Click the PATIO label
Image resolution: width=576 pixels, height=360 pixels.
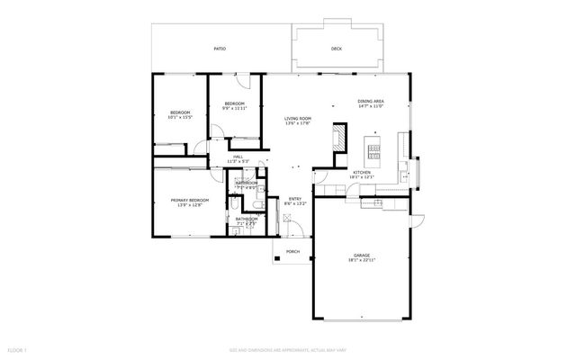tap(220, 49)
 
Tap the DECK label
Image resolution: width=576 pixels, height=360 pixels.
tap(337, 49)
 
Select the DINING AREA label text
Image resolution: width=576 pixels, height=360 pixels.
tap(371, 101)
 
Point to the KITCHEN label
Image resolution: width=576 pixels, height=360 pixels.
tap(362, 172)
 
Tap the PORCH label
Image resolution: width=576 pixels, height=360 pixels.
tap(292, 251)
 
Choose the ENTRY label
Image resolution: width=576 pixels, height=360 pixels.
tap(294, 199)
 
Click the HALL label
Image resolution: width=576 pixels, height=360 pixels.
tap(238, 157)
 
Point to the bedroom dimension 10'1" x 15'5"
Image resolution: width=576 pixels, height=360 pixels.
tap(181, 117)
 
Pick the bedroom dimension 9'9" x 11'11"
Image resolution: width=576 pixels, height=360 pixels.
tap(235, 109)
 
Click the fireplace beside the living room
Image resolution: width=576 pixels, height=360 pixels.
tap(338, 138)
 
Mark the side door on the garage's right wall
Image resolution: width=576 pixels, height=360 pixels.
tap(417, 220)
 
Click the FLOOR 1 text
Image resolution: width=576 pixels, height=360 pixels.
tap(18, 347)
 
